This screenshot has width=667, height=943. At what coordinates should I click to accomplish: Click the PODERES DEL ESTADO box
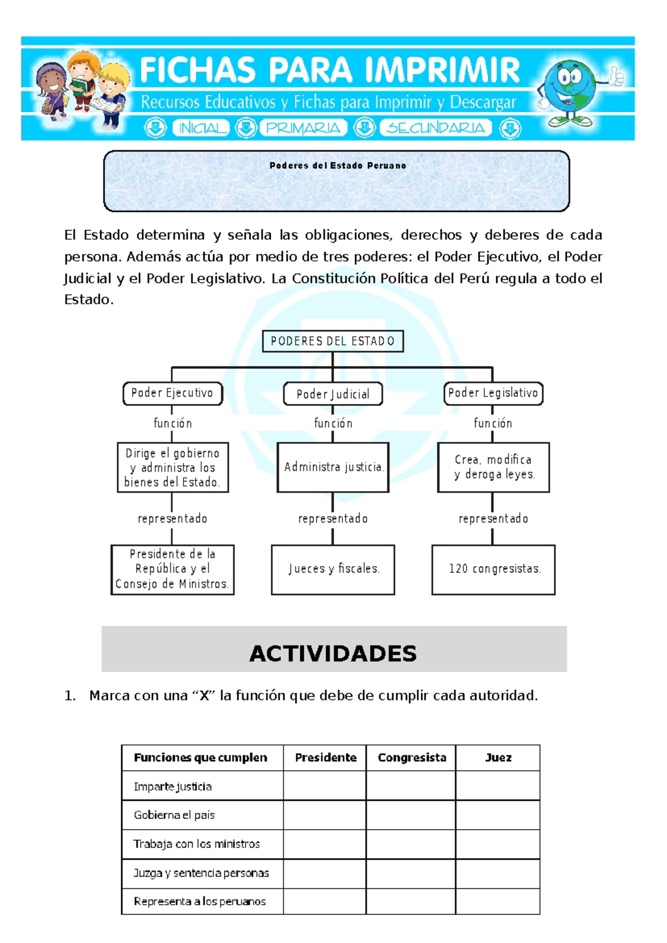click(x=332, y=341)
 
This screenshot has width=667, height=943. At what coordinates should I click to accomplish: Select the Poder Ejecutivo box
click(x=172, y=393)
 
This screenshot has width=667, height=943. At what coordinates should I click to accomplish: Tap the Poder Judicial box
click(x=332, y=394)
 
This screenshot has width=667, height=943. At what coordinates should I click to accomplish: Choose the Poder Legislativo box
click(x=493, y=393)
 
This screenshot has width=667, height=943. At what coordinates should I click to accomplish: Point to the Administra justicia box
click(x=332, y=467)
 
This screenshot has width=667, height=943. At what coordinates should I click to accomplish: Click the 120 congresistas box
click(x=493, y=569)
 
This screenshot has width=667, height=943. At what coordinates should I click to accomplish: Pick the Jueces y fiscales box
click(x=332, y=569)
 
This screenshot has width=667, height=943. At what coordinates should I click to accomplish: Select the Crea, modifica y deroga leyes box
click(x=493, y=467)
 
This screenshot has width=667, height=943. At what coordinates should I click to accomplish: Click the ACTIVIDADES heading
click(x=333, y=653)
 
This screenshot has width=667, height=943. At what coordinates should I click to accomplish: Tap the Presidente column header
click(x=325, y=757)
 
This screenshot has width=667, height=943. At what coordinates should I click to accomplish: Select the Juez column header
click(x=497, y=757)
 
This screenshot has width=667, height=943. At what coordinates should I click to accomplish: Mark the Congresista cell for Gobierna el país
click(x=411, y=815)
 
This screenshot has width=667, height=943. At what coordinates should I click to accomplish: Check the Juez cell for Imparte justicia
click(x=497, y=786)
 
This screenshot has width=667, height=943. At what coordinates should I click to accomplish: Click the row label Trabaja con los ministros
click(x=197, y=844)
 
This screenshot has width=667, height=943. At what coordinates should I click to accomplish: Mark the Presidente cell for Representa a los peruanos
click(x=325, y=901)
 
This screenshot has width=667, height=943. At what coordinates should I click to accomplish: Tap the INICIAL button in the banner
click(x=201, y=128)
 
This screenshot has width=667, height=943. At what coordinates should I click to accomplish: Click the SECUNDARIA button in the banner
click(x=436, y=128)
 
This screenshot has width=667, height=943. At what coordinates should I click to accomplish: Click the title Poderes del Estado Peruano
click(x=337, y=166)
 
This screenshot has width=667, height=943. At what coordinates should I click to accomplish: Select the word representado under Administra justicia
click(x=332, y=519)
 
